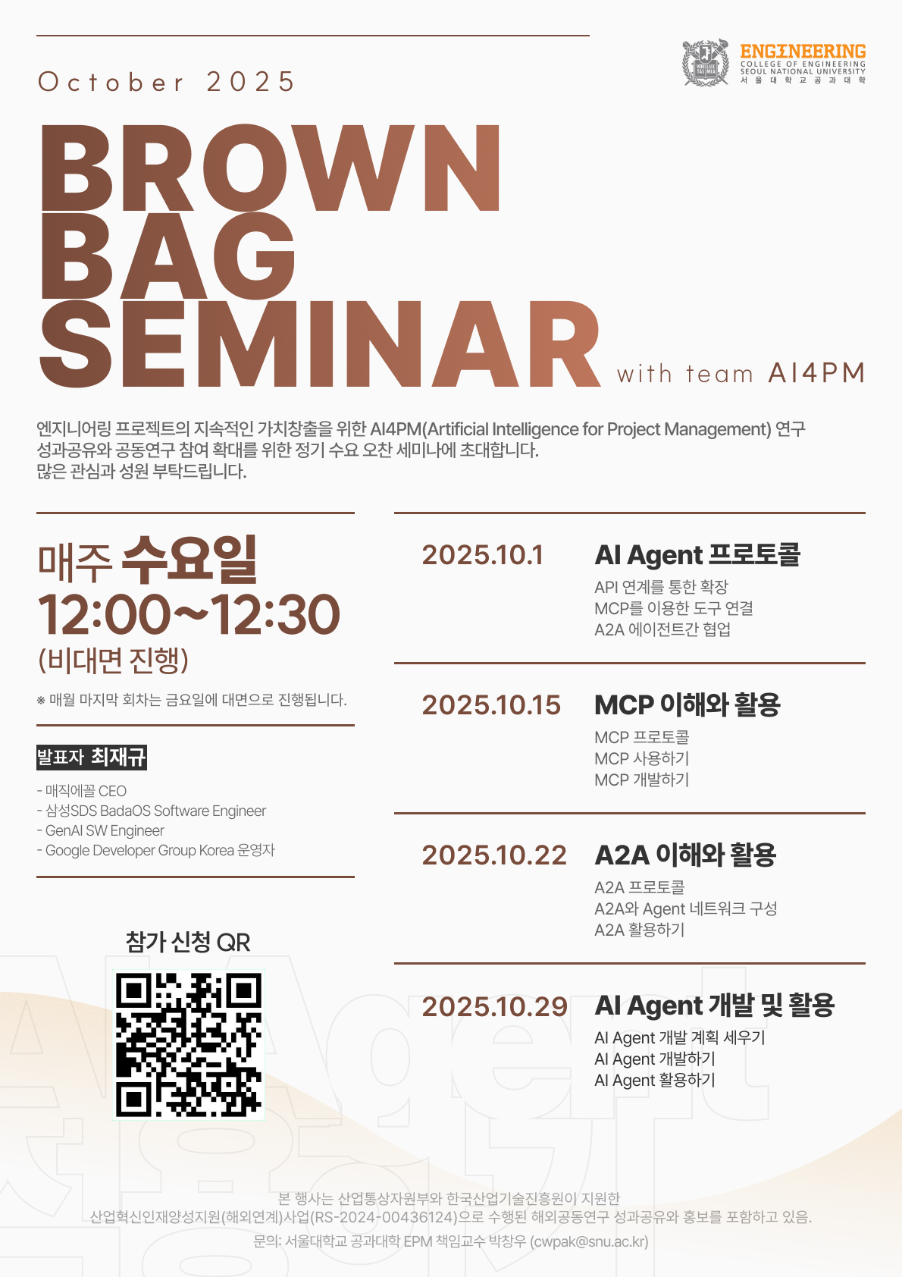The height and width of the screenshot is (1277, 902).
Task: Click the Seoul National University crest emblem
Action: [x=706, y=63]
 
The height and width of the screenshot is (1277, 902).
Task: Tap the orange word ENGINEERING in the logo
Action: [x=803, y=52]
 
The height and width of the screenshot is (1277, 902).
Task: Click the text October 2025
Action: [x=167, y=82]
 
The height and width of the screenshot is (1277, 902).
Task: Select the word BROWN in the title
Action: [x=271, y=168]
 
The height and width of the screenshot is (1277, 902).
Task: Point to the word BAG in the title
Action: [x=168, y=256]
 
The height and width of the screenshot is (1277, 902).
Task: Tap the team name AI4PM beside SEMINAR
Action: [x=816, y=373]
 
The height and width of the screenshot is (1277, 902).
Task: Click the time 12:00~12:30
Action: [x=189, y=614]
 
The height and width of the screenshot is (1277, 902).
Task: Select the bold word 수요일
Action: [x=189, y=560]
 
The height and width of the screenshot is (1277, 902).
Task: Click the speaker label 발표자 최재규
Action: [x=92, y=757]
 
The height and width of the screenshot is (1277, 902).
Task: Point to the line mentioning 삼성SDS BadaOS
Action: [x=152, y=811]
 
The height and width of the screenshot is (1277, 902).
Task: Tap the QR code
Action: [x=189, y=1044]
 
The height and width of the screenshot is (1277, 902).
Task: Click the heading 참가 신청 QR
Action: [x=188, y=942]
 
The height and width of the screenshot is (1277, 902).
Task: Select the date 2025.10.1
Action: [x=483, y=555]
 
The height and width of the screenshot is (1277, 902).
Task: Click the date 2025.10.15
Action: [x=491, y=705]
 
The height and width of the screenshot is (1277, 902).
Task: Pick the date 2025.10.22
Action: [x=494, y=855]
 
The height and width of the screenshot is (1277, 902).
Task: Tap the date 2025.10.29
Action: [x=495, y=1006]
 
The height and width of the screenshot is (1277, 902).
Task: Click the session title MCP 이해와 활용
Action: [x=687, y=705]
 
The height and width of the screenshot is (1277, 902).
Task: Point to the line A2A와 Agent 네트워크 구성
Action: [x=685, y=908]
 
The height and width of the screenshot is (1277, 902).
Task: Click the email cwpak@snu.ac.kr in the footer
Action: [x=589, y=1241]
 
